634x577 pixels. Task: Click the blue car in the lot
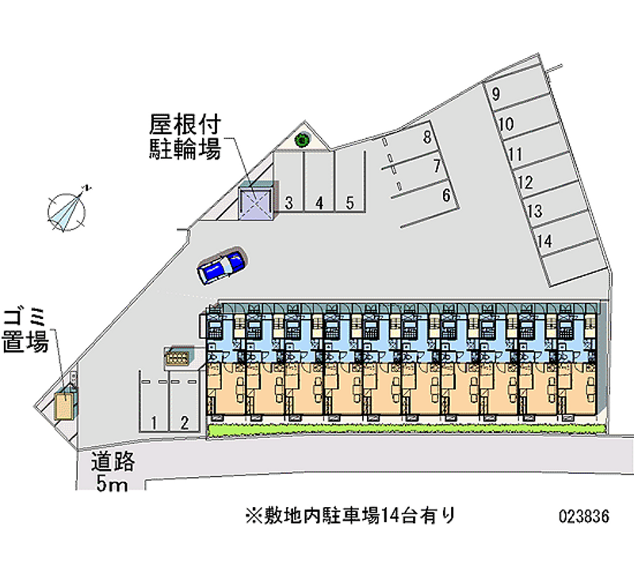click(x=222, y=265)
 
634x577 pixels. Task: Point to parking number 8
click(x=427, y=137)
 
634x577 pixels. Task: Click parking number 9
click(x=496, y=94)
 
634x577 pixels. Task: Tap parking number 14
click(x=544, y=241)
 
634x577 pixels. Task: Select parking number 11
click(x=516, y=154)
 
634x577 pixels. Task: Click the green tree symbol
click(x=302, y=140)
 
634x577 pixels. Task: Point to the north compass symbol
click(x=67, y=211)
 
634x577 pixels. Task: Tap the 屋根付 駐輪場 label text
click(x=185, y=137)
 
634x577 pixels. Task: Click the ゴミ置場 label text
click(x=26, y=330)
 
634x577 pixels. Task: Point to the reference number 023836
click(x=584, y=516)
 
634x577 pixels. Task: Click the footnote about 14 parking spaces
click(x=350, y=515)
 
